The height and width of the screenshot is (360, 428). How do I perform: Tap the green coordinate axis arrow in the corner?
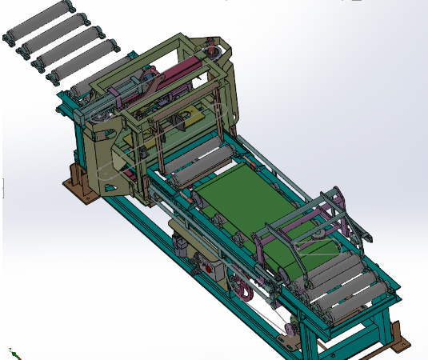pyautogui.click(x=14, y=352)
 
